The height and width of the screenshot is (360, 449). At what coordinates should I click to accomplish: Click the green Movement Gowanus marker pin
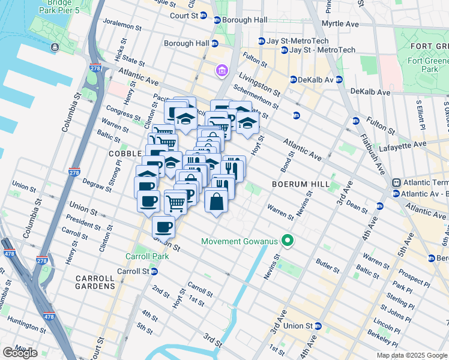point(288,241)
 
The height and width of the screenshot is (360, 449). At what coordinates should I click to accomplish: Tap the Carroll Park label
point(146,256)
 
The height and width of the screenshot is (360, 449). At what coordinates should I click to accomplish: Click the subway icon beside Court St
point(203,16)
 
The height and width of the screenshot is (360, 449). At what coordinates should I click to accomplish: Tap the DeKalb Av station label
point(316,79)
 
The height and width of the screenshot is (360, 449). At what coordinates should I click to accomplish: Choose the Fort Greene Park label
point(430,61)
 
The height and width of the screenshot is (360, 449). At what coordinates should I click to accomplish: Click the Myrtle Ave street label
point(340,24)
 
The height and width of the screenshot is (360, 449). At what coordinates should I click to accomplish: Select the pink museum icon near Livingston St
point(222,72)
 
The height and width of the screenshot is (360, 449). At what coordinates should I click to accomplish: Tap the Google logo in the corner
point(20,353)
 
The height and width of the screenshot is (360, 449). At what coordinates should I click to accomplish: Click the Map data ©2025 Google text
point(412,355)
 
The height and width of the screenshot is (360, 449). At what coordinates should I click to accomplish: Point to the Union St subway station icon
point(319,326)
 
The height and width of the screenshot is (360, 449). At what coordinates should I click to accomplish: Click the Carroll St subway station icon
point(154,271)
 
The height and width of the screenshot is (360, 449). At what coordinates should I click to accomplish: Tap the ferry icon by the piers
point(55,47)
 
